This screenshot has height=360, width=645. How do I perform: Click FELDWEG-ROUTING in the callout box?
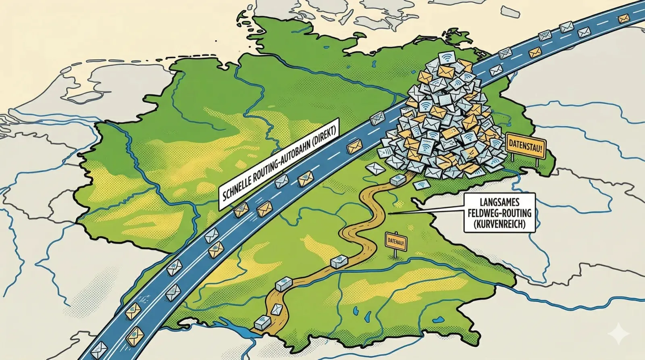[499, 212]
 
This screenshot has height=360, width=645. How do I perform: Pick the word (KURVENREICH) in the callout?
[499, 223]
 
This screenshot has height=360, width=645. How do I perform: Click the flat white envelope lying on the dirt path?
[277, 310]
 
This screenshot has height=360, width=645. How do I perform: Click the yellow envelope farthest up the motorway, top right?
[623, 18]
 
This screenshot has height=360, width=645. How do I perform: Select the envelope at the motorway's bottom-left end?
[99, 348]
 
